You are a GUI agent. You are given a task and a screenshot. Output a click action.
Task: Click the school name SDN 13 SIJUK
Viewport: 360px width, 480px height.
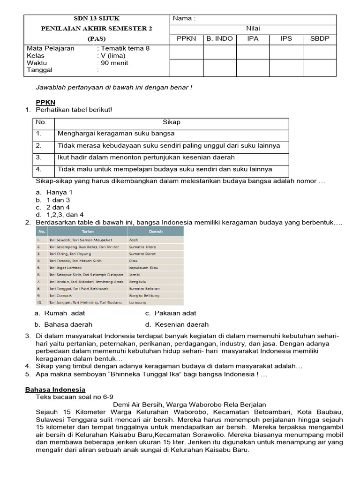point(97,19)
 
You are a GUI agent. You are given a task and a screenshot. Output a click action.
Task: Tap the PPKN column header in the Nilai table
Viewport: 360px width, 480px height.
point(187,38)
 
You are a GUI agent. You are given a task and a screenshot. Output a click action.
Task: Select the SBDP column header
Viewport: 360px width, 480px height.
point(320,38)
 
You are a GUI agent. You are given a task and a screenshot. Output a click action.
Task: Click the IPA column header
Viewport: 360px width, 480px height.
point(253,38)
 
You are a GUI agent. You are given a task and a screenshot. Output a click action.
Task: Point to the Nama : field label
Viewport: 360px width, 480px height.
point(184,19)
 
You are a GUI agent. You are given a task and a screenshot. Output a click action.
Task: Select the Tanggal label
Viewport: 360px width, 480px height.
point(40,70)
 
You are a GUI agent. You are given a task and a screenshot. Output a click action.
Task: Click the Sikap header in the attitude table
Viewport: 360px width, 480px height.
point(172,122)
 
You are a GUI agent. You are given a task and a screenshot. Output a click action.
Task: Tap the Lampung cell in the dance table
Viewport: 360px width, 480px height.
point(138,303)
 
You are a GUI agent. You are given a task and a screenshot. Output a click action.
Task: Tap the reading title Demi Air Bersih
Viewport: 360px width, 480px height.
point(190,405)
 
